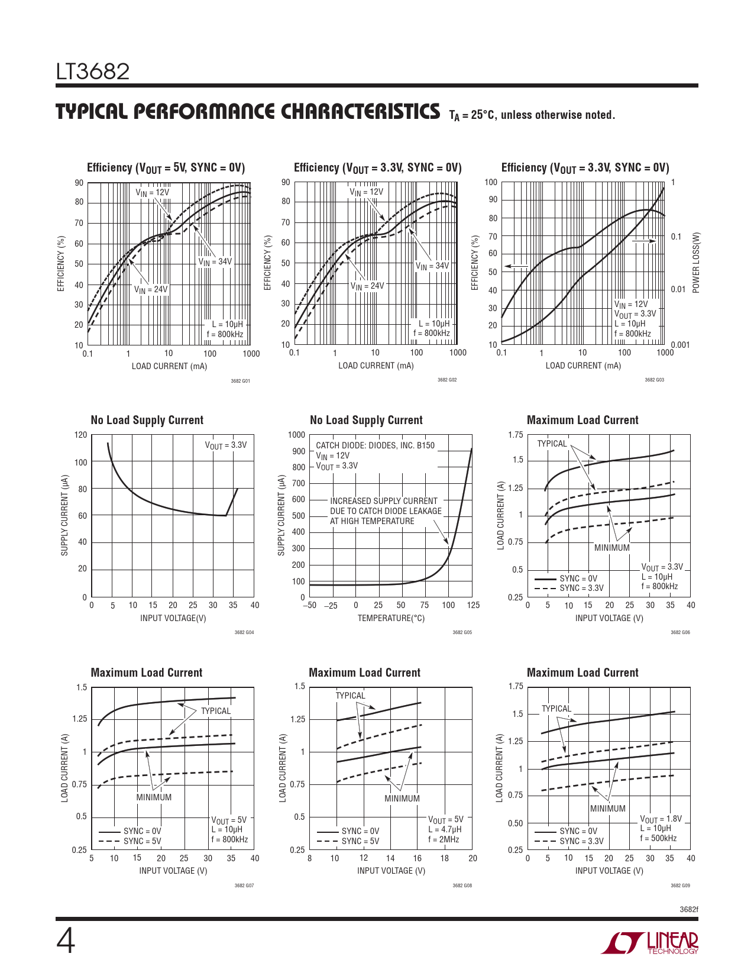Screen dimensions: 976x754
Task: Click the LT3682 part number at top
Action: (x=93, y=72)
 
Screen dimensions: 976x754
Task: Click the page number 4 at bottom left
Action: (x=66, y=942)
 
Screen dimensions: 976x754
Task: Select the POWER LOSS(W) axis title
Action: (x=696, y=262)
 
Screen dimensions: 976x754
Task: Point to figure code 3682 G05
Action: (x=462, y=632)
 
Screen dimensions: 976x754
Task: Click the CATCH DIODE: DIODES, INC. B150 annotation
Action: (x=375, y=445)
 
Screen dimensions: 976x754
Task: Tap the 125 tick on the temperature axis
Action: (x=473, y=605)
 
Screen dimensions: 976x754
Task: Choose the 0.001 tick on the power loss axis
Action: (x=680, y=345)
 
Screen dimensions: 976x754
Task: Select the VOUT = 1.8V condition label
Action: (x=661, y=819)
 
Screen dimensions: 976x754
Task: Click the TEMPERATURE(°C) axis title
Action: (x=391, y=618)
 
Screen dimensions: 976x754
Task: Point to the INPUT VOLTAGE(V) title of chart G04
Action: (x=173, y=618)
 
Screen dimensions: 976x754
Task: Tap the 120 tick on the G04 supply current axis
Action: (x=80, y=435)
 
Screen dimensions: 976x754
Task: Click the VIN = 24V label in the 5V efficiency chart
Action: (x=151, y=290)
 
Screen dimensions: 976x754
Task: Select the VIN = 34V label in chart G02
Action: (x=432, y=266)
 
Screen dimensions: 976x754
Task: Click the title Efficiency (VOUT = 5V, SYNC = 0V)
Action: (x=166, y=168)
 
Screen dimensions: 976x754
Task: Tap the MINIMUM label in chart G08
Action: (x=402, y=799)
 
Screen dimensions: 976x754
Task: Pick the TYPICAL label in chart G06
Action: (x=552, y=444)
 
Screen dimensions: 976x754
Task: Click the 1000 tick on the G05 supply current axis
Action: (x=297, y=435)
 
